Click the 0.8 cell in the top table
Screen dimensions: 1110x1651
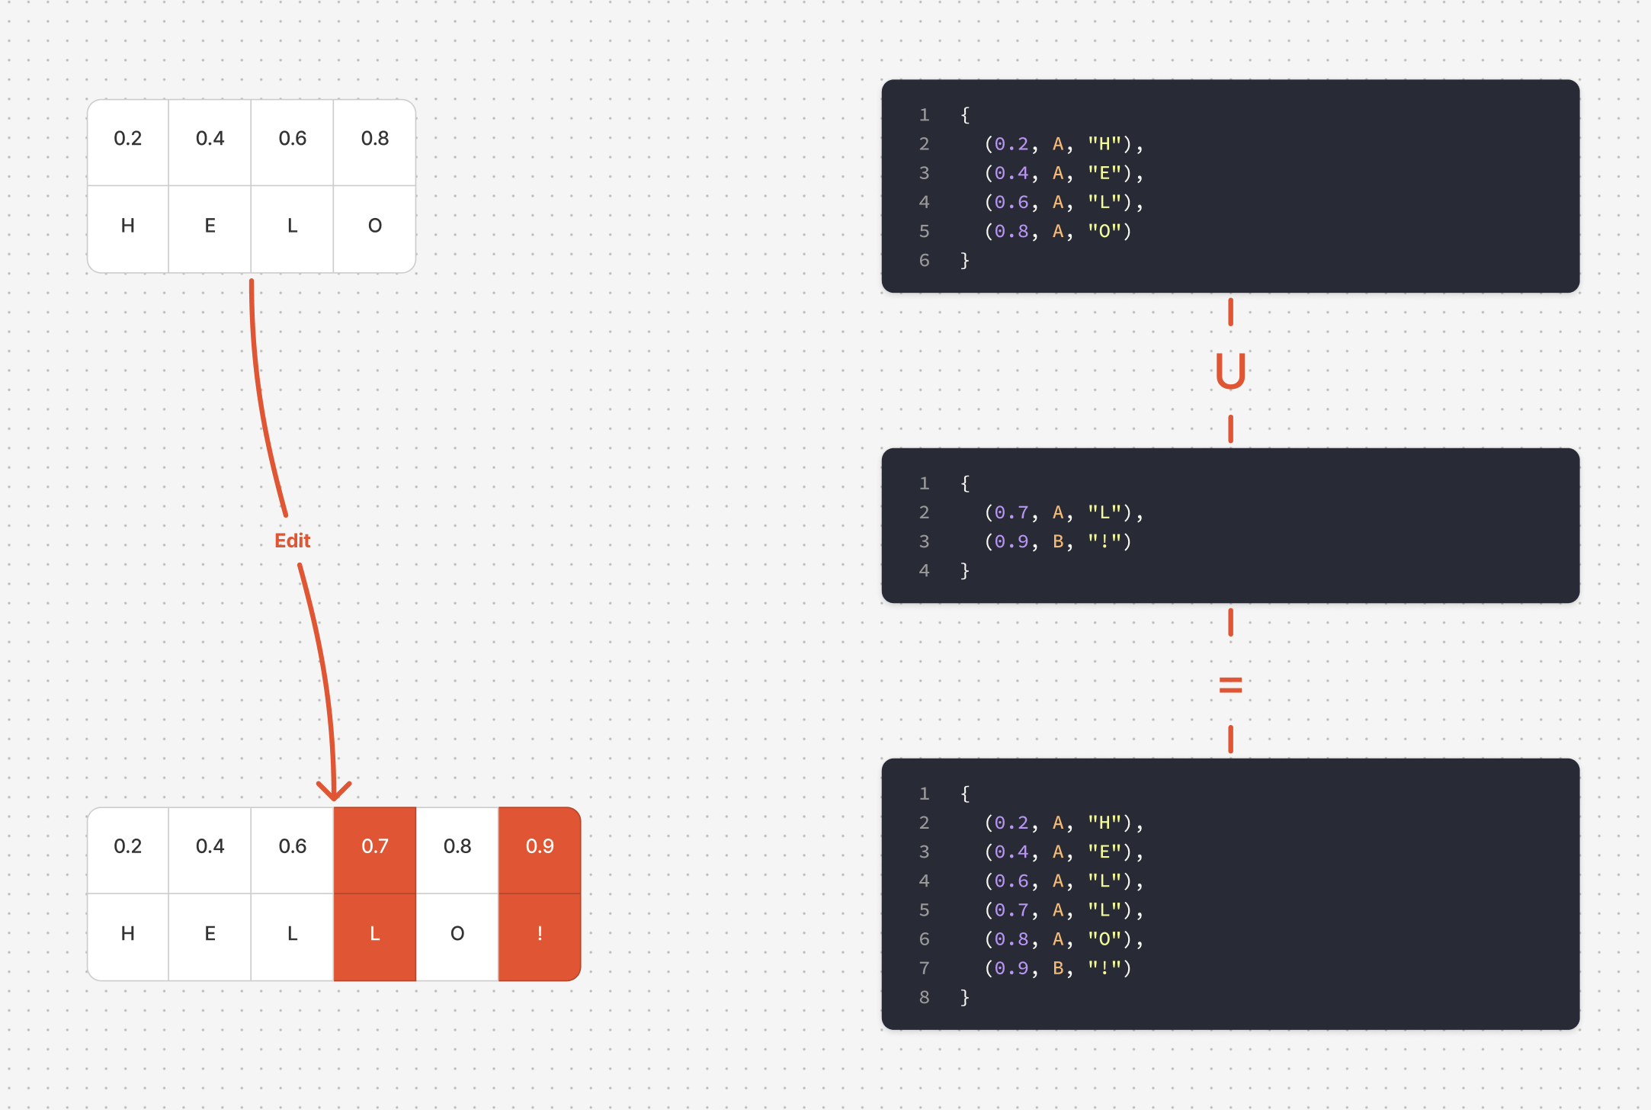374,139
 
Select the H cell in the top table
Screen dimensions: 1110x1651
128,226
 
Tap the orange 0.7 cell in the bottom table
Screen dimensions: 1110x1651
374,846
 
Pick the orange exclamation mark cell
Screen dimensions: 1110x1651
540,934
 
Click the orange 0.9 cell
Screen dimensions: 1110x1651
540,846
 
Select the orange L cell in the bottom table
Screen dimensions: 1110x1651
374,934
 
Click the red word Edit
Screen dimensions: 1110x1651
293,541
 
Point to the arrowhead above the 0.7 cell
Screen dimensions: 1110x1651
334,791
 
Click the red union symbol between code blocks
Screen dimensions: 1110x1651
1230,371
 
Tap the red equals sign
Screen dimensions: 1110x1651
1230,685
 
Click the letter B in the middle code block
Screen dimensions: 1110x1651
1058,541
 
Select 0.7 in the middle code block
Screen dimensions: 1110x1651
1011,512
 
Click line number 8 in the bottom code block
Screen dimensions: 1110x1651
924,997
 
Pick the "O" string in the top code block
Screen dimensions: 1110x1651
1104,231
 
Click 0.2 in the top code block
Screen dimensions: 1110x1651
1011,144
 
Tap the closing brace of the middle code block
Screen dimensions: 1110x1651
965,570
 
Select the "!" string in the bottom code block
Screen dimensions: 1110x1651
1104,968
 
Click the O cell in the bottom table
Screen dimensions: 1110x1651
457,934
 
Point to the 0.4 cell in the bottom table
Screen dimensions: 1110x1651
210,846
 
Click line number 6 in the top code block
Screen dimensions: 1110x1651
924,261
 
